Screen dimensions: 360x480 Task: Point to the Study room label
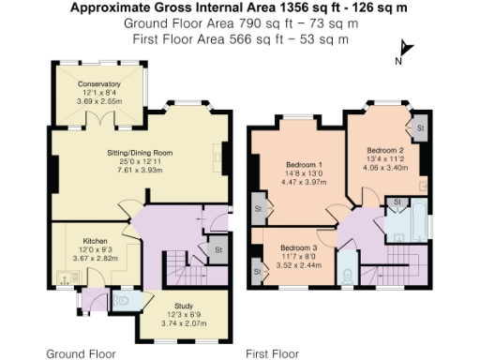[x=170, y=305]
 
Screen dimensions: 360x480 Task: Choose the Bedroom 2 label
[x=385, y=150]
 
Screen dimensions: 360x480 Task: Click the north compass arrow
[x=404, y=49]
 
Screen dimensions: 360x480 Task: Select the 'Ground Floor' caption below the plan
[x=81, y=354]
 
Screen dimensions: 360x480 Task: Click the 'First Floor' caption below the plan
[x=272, y=354]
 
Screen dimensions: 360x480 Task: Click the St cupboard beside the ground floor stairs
[x=217, y=250]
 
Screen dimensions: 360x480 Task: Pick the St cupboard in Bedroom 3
[x=256, y=273]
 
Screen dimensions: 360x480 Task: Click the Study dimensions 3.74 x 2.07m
[x=170, y=322]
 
